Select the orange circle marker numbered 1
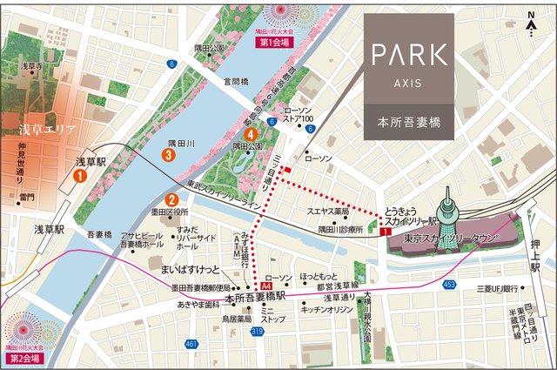(79, 175)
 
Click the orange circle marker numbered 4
(252, 135)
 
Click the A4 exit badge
(266, 286)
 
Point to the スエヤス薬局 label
(329, 212)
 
